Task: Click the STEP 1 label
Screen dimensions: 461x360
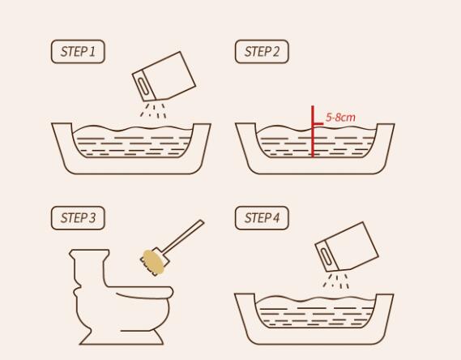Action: point(78,51)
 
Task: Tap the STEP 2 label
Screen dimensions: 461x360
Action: point(262,51)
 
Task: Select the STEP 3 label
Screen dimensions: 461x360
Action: point(78,218)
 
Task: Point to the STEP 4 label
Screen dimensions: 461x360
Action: point(262,218)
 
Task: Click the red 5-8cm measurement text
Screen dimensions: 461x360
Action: point(340,118)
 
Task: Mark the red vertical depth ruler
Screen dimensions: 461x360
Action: point(313,131)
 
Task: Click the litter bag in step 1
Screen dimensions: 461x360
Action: point(164,76)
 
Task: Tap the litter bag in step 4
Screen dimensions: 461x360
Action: point(347,246)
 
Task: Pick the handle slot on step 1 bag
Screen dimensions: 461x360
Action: point(143,86)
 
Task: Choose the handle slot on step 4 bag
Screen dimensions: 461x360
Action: point(326,256)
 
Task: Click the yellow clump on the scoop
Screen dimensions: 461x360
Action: point(153,262)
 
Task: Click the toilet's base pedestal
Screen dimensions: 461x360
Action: point(122,337)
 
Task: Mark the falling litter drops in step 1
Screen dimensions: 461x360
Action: point(153,110)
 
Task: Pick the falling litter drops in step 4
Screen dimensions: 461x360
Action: point(335,281)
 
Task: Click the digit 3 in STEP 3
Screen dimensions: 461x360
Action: point(92,218)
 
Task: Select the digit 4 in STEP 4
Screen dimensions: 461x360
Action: point(275,218)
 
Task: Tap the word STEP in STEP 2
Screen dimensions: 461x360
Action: point(258,51)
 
